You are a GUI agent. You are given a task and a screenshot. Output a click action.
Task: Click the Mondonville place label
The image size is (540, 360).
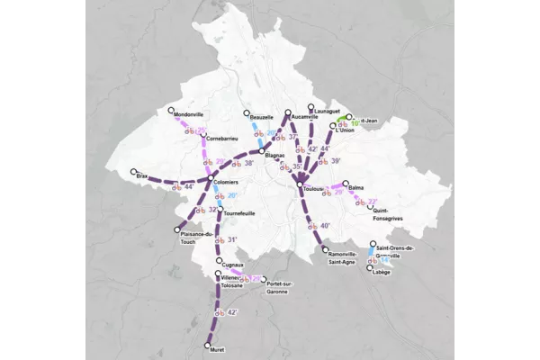[x=188, y=116]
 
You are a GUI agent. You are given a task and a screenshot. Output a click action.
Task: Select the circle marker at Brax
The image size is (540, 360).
[x=133, y=171]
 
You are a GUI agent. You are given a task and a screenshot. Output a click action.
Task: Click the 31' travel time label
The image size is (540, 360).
[x=231, y=239]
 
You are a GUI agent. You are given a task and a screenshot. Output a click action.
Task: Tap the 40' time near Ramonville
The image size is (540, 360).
[x=326, y=226]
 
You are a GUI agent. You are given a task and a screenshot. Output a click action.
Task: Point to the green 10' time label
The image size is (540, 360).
[x=355, y=122]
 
